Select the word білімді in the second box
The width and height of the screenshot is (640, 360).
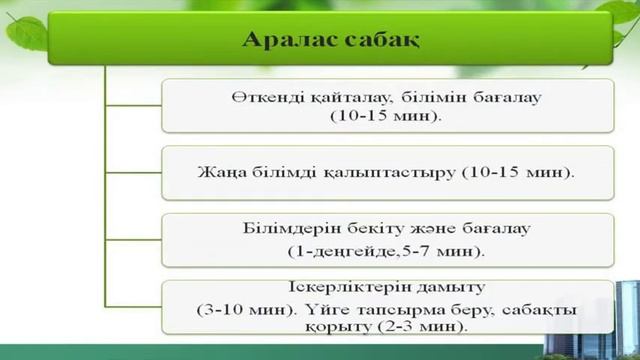[x=278, y=172]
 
